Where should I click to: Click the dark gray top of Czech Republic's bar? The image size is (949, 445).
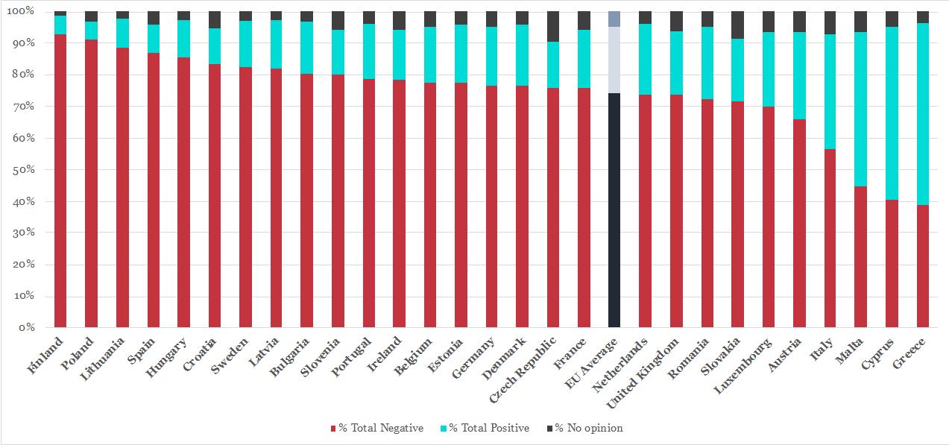pos(553,26)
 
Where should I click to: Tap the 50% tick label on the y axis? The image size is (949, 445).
pos(25,170)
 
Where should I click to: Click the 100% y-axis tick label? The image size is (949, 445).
pos(22,12)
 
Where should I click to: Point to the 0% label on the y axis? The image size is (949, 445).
pos(28,328)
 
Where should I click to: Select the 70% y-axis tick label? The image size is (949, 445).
pos(25,107)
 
